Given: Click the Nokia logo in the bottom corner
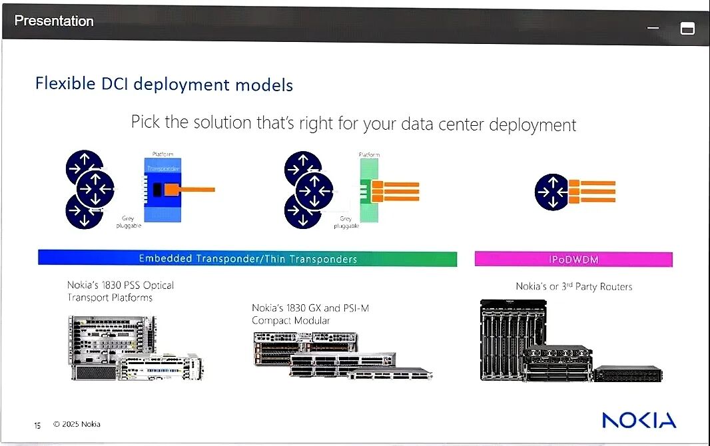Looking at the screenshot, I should tap(639, 420).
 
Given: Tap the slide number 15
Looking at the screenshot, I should tap(37, 425).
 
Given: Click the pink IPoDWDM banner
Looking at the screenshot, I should tap(573, 259).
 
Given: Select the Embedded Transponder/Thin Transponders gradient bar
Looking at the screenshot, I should tap(247, 258).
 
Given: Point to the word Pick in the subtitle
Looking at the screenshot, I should tap(145, 124).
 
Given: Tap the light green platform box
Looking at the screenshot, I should tap(368, 190).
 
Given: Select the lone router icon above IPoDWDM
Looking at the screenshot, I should tap(552, 192).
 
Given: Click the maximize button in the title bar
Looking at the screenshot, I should tap(687, 28).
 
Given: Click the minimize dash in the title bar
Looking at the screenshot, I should tap(653, 28).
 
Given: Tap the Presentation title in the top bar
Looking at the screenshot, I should tap(54, 21).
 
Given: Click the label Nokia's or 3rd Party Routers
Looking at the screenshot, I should tap(573, 286).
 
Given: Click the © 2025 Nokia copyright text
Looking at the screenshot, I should tap(77, 424).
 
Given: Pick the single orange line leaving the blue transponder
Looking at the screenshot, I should tap(196, 190).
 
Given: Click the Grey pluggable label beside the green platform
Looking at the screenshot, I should tap(346, 222).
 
